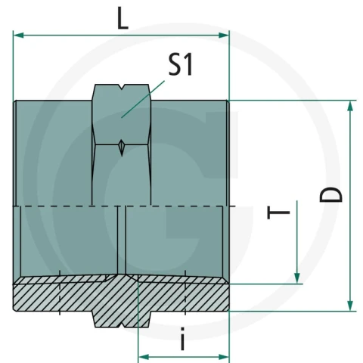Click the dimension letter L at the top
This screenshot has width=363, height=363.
(123, 19)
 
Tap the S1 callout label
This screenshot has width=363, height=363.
(181, 64)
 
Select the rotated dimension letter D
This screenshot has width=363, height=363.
(331, 194)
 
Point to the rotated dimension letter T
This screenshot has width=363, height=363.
(278, 213)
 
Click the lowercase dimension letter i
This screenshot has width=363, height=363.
(183, 339)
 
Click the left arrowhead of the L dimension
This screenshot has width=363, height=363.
(18, 36)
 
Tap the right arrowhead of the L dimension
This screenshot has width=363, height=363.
(224, 36)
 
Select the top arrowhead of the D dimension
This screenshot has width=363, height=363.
(350, 106)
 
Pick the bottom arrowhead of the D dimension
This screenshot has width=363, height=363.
(350, 306)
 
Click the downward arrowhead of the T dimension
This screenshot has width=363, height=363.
(297, 278)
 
